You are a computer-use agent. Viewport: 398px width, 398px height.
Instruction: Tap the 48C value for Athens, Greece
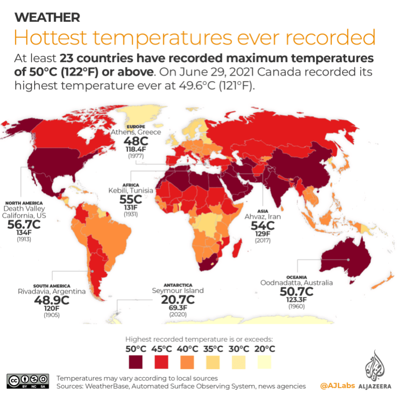click(x=136, y=141)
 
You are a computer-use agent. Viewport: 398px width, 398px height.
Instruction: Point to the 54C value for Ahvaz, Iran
click(x=263, y=225)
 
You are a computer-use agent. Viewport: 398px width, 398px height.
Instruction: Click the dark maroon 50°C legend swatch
click(x=136, y=360)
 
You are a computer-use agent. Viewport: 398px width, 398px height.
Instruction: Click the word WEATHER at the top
click(x=48, y=18)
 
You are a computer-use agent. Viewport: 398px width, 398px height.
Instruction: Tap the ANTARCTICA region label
click(x=178, y=285)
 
